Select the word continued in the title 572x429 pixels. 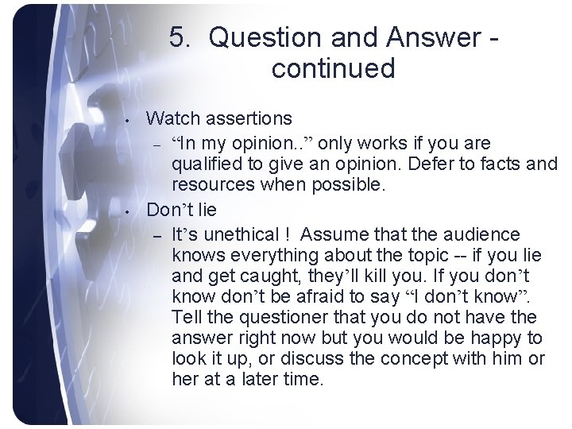tap(333, 68)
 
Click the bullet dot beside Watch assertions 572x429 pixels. tap(128, 122)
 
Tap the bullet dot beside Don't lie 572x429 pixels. tap(128, 214)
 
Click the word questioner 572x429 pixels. tap(271, 319)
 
